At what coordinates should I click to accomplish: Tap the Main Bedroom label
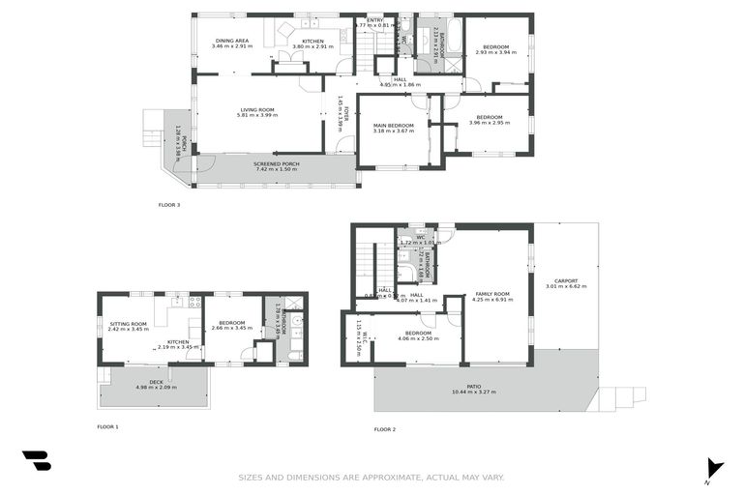tap(393, 126)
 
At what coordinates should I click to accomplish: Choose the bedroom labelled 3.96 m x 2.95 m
tap(489, 123)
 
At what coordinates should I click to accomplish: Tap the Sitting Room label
tap(128, 324)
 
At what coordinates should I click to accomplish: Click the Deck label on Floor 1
tap(155, 383)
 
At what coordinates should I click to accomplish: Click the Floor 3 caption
tap(169, 205)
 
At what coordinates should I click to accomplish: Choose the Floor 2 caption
tap(385, 429)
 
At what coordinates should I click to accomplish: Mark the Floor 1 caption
tap(107, 426)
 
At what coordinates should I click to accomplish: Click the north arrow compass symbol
tap(714, 468)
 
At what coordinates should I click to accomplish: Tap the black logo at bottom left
tap(36, 461)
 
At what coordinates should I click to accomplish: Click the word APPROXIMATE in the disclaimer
tap(383, 477)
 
